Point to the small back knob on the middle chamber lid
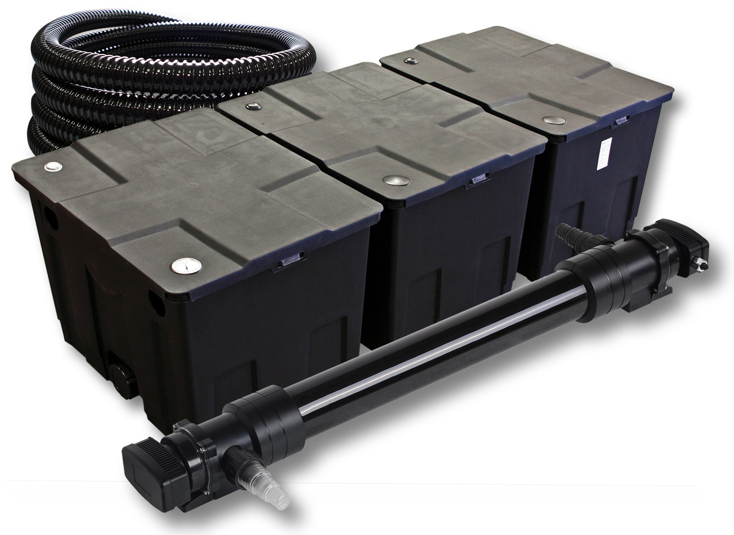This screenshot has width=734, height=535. point(252,107)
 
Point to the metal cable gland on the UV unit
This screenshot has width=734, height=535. point(701,265)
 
